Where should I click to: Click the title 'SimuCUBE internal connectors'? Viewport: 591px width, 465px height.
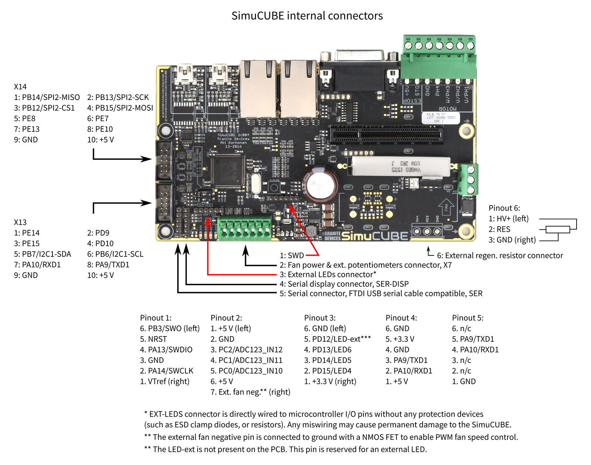(x=307, y=16)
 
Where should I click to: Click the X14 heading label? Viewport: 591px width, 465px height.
(x=20, y=87)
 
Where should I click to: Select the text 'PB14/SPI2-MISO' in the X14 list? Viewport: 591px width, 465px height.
(x=51, y=97)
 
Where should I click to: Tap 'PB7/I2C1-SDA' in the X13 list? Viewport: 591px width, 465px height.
(x=46, y=254)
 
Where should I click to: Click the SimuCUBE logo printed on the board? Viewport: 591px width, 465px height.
(x=375, y=235)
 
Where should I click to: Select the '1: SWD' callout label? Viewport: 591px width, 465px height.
(x=292, y=255)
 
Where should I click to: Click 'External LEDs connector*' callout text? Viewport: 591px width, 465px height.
(x=331, y=275)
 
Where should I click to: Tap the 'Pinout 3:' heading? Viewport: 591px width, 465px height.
(x=320, y=318)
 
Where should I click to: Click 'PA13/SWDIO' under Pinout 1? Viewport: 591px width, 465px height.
(x=170, y=349)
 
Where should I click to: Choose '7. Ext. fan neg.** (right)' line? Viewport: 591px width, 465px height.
(x=250, y=392)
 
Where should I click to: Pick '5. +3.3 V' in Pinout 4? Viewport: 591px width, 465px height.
(x=400, y=339)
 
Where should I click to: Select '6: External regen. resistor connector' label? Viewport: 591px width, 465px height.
(x=500, y=255)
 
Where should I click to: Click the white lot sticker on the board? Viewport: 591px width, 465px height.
(x=441, y=117)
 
